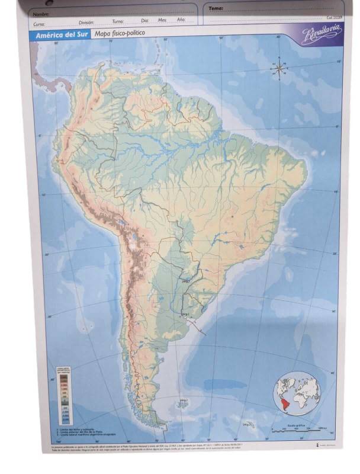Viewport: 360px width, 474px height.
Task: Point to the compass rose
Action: [x=279, y=69]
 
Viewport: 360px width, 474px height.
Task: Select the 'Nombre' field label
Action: [x=40, y=13]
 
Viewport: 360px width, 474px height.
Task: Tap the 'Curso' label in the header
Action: [x=39, y=24]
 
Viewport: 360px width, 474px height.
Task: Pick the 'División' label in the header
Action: [x=86, y=22]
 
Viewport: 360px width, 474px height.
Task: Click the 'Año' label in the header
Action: [x=181, y=20]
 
